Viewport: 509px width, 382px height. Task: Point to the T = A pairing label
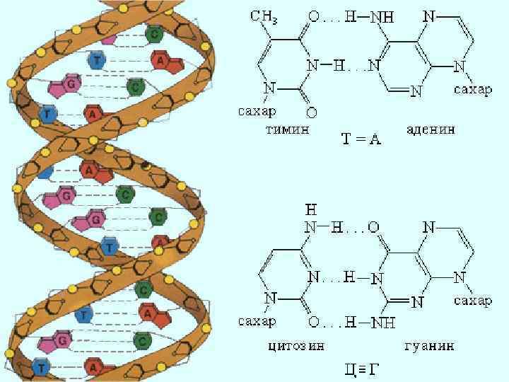tap(362, 139)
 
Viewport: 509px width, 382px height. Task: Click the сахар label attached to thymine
tap(257, 111)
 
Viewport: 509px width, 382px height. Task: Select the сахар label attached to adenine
tap(472, 90)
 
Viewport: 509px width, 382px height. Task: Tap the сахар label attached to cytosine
tap(257, 321)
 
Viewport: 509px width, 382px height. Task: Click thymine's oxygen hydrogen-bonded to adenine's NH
tap(312, 16)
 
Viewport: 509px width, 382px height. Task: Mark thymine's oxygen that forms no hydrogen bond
tap(312, 112)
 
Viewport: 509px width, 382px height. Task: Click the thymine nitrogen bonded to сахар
tap(268, 89)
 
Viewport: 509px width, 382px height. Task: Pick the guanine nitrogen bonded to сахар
tap(460, 277)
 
